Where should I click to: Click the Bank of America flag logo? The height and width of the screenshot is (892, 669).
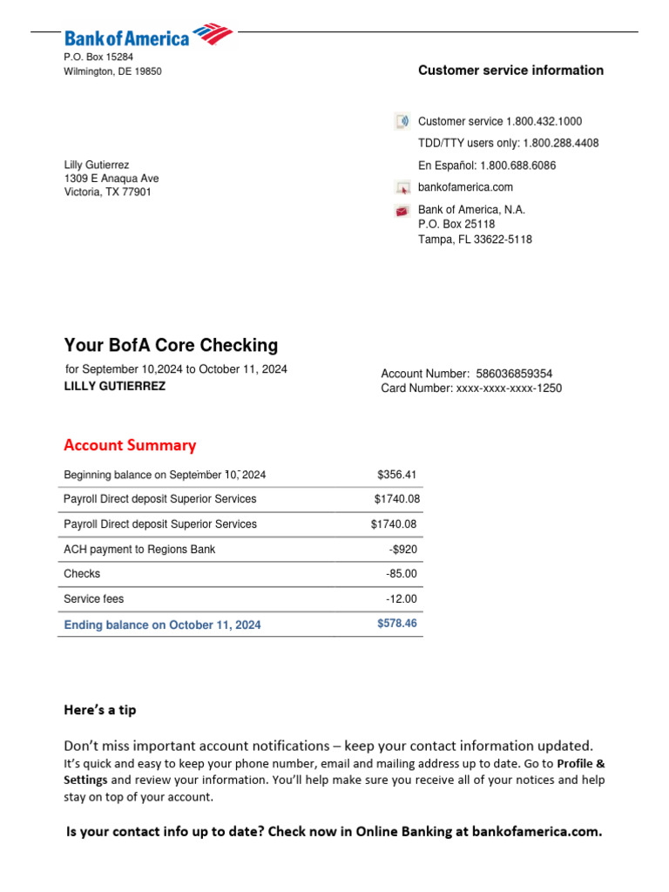(213, 34)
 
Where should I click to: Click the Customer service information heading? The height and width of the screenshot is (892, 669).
(510, 71)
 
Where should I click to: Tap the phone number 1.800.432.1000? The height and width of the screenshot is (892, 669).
(544, 122)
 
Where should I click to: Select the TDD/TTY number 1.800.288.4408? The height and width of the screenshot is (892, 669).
(560, 144)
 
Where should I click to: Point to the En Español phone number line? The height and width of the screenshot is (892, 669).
(487, 166)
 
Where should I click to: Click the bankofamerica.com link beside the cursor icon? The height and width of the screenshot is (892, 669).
(465, 187)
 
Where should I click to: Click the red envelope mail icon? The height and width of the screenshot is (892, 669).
(402, 211)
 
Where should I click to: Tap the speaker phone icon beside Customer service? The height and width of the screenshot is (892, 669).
(402, 122)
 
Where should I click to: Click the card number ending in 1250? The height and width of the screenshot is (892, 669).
(509, 389)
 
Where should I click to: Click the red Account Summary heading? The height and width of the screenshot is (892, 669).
(130, 445)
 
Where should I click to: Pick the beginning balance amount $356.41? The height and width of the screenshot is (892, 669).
(396, 475)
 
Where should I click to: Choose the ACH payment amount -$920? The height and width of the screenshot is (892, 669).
(402, 550)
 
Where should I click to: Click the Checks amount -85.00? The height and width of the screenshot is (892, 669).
(402, 574)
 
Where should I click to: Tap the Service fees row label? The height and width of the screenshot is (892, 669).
(94, 599)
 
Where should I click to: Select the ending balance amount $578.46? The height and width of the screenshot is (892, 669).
(396, 624)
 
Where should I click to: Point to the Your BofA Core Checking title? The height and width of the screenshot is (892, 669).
(171, 345)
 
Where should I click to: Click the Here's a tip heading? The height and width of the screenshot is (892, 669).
(100, 710)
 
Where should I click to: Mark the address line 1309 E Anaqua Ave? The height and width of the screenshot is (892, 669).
(111, 179)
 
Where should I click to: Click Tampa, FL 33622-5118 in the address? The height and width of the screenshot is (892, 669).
(475, 240)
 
